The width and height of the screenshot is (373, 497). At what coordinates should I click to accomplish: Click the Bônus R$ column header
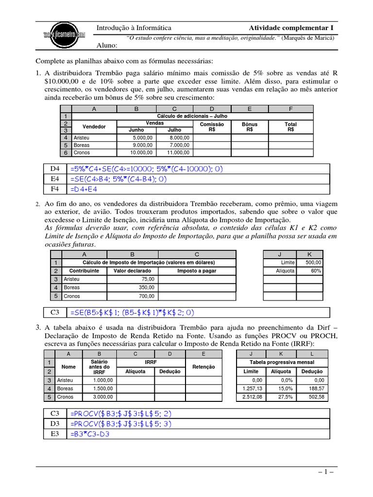[249, 127]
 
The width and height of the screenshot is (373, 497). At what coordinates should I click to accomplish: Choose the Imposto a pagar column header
[197, 271]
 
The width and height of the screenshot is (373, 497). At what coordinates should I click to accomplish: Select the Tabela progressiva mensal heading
[282, 363]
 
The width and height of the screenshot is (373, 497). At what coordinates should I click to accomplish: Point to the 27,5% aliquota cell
[282, 397]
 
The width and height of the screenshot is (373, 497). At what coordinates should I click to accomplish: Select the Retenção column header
[203, 367]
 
